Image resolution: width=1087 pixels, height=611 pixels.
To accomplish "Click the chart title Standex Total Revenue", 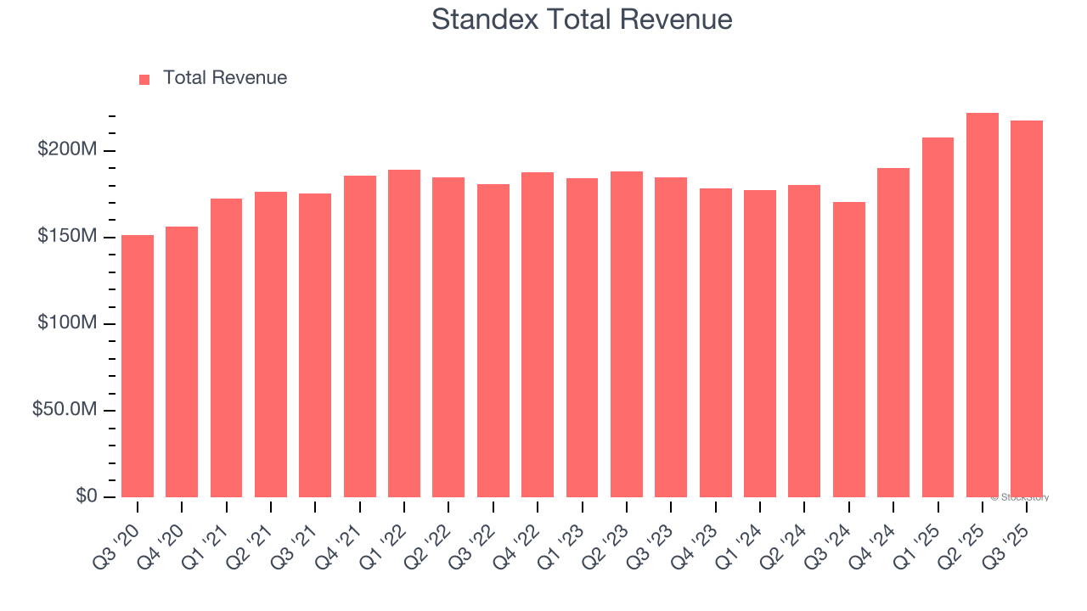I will coord(582,19).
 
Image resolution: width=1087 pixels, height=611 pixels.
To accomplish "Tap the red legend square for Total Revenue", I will coord(144,79).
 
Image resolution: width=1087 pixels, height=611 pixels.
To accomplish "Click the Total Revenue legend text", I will coord(225,78).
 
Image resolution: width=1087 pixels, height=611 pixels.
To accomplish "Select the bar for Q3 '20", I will coord(138,366).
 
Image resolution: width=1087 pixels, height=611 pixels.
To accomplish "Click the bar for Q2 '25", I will coord(983,305).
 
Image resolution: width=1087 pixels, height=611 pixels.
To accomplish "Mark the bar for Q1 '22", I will coord(404,334).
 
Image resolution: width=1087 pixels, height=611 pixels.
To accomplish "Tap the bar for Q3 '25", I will coord(1027,309).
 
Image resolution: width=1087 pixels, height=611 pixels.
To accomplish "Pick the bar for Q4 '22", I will coord(538,334).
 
